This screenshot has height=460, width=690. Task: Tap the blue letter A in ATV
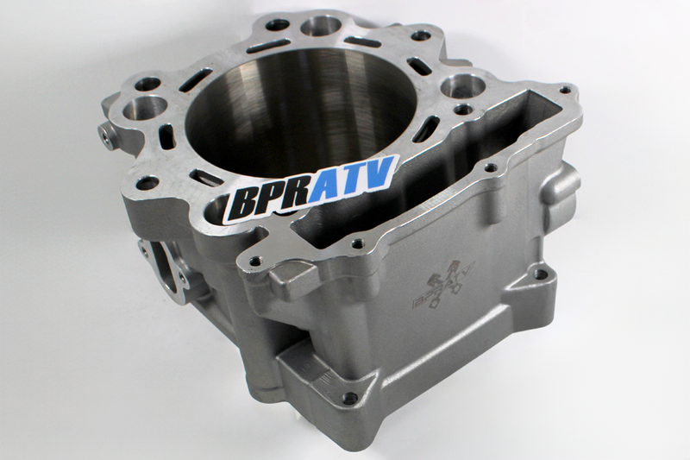tap(329, 187)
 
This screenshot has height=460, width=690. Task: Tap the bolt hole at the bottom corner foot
tap(349, 399)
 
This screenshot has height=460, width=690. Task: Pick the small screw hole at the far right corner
tap(565, 88)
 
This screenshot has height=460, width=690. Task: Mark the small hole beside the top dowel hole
tap(276, 25)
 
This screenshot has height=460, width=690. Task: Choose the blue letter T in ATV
tap(355, 179)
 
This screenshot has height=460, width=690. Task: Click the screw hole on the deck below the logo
tap(254, 258)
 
